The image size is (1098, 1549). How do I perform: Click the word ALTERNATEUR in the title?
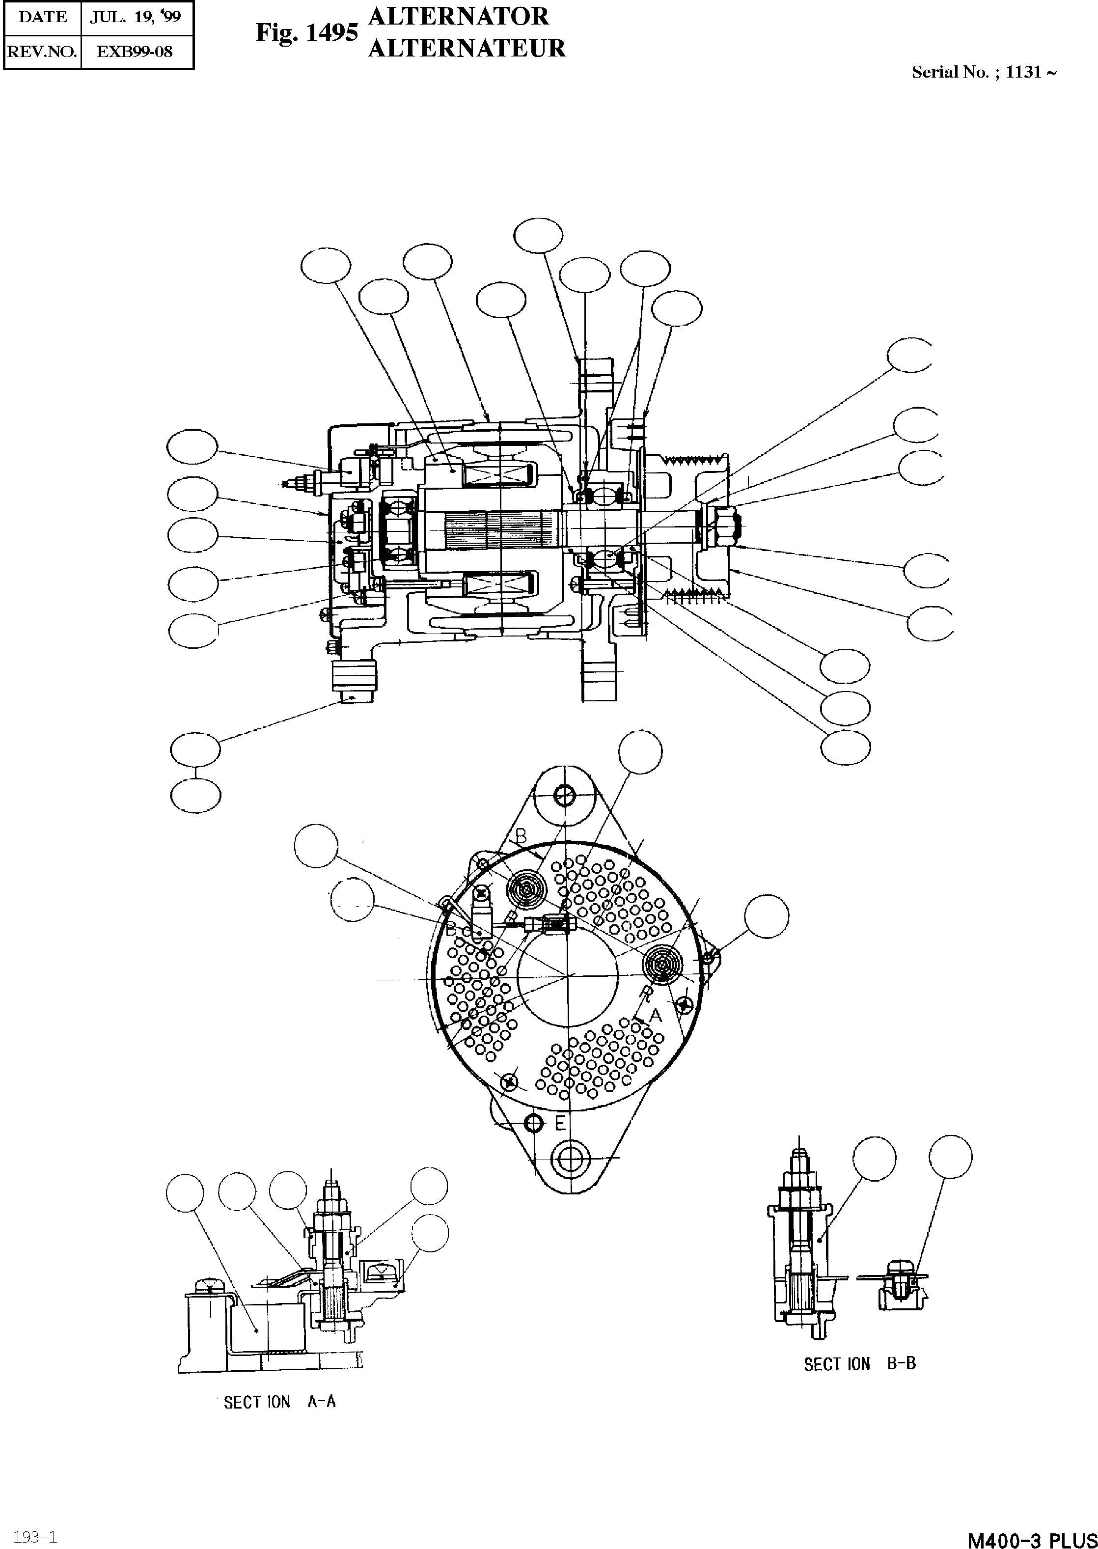467,49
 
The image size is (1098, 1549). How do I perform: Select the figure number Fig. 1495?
306,32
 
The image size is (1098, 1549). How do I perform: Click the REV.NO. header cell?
41,52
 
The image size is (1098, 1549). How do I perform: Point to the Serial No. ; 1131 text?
983,72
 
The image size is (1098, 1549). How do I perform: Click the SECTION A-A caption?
279,1402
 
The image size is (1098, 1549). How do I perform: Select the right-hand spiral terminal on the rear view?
662,964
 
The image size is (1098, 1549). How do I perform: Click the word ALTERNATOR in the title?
458,16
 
